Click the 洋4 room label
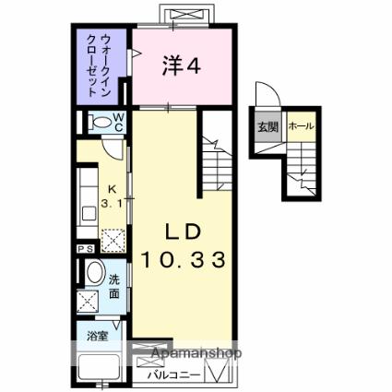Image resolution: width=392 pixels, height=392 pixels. coord(182,66)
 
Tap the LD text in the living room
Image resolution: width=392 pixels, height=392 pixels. coord(184,232)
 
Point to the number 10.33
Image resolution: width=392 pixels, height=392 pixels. coord(184,260)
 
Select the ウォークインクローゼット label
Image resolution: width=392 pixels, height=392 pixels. coord(99,65)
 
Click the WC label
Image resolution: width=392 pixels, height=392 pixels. coord(118,122)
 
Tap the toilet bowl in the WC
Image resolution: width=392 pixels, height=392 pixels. coord(100,122)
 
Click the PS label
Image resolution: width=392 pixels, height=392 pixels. coord(86,249)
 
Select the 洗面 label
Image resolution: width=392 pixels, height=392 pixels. coord(114,287)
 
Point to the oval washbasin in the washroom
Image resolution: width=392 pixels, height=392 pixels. coord(96,272)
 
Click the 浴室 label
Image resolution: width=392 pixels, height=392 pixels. coord(97,337)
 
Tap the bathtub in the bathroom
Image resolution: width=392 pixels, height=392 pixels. coord(99,368)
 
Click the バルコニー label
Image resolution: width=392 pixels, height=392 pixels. coord(174,375)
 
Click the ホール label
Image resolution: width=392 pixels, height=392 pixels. coord(302,126)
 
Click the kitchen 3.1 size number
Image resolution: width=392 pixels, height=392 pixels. coord(112,203)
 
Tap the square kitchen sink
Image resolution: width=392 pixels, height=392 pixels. coord(89,214)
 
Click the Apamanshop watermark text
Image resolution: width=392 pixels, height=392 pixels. coord(196,353)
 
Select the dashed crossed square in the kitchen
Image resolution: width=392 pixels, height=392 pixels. coord(113,241)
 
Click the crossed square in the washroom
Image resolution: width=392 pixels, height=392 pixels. coord(88,301)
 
